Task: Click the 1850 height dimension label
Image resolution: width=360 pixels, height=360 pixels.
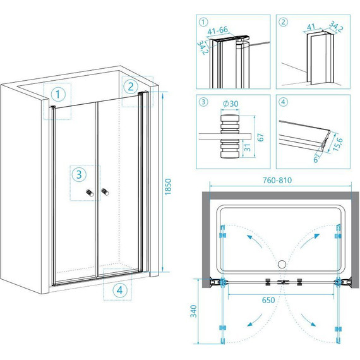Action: tap(168, 187)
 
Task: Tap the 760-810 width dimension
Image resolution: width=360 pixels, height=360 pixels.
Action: tap(277, 180)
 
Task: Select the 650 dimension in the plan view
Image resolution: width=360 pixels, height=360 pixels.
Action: tap(268, 300)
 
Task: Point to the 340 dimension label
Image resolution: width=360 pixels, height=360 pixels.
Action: tap(194, 311)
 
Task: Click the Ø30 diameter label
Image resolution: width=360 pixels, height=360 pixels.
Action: tap(231, 104)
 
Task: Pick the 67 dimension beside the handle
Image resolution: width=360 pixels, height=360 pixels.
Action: tap(261, 137)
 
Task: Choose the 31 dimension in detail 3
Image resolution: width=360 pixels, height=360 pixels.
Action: tap(248, 147)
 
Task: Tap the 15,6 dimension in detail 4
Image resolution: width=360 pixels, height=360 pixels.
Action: tap(337, 144)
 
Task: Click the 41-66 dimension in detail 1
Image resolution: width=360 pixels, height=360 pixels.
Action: tap(217, 30)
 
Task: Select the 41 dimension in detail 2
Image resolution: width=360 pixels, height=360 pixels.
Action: tap(311, 27)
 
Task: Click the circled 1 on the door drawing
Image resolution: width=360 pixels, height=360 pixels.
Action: tap(58, 94)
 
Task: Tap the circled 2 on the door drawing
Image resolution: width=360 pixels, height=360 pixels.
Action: tap(131, 87)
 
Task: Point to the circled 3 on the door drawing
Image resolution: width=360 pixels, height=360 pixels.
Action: tap(79, 174)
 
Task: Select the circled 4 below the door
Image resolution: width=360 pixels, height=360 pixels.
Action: tap(119, 290)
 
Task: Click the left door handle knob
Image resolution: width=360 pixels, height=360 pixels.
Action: tap(90, 193)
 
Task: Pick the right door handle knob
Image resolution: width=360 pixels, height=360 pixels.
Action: tap(105, 192)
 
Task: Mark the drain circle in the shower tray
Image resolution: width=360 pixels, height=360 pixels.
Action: tap(282, 264)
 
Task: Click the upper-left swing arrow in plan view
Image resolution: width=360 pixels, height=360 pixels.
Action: tap(255, 241)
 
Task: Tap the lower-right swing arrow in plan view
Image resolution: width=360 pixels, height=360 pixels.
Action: tap(308, 320)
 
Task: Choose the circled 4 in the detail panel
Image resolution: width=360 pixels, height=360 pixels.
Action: tap(283, 102)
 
